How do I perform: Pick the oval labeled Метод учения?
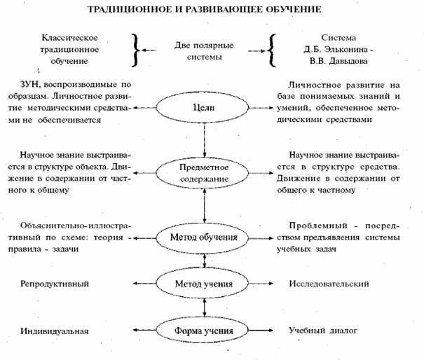pos(203,284)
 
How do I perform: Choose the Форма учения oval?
pos(203,329)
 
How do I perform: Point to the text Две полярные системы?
pos(203,50)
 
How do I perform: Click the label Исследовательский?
pos(327,284)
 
